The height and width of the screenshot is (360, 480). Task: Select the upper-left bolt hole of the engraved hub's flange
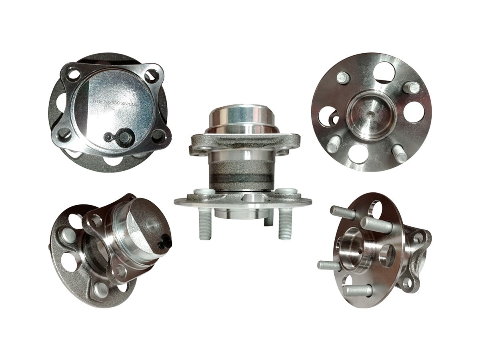pos(73,74)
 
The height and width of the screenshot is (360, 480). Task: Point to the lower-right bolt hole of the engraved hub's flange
pos(157,135)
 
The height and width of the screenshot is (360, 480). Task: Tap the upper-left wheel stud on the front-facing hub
pos(343,78)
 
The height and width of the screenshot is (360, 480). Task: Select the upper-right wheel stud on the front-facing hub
pos(411,88)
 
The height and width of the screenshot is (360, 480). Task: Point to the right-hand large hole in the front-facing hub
pos(414,112)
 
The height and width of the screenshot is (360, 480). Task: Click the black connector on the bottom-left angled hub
pos(165,241)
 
